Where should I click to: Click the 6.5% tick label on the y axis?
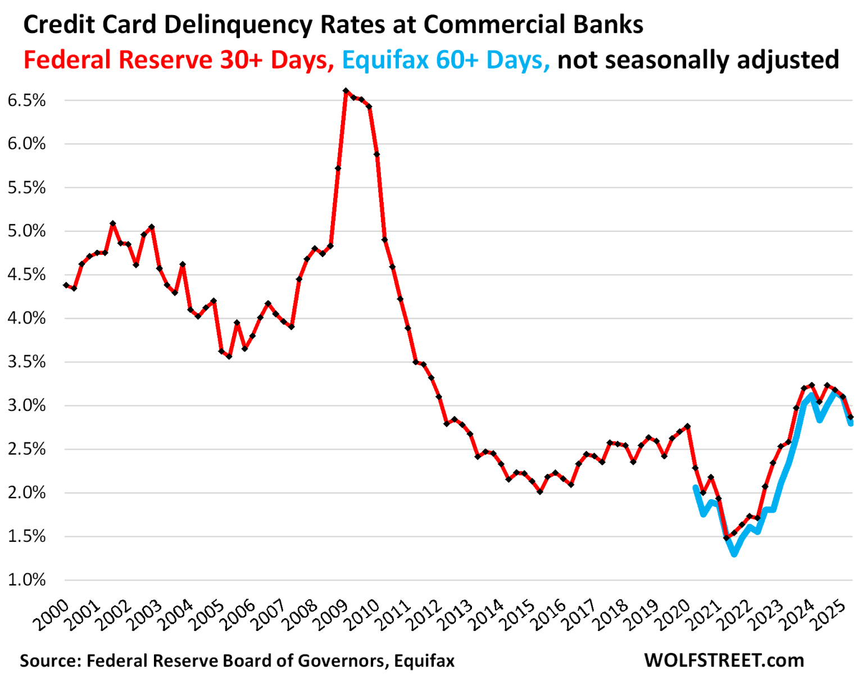pyautogui.click(x=26, y=100)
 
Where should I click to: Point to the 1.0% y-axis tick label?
pyautogui.click(x=26, y=580)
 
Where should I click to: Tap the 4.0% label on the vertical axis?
pyautogui.click(x=26, y=318)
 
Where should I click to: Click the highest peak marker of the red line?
pyautogui.click(x=346, y=90)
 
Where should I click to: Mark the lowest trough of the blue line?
pyautogui.click(x=734, y=554)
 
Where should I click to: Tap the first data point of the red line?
pyautogui.click(x=66, y=285)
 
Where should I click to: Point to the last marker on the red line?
pyautogui.click(x=851, y=418)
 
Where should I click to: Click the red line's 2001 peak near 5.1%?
pyautogui.click(x=113, y=223)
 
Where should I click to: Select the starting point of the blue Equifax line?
pyautogui.click(x=696, y=488)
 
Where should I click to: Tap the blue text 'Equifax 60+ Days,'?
pyautogui.click(x=446, y=60)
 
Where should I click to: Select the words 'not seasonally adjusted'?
pyautogui.click(x=698, y=60)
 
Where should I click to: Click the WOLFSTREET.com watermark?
pyautogui.click(x=724, y=660)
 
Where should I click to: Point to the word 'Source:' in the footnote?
pyautogui.click(x=51, y=661)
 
